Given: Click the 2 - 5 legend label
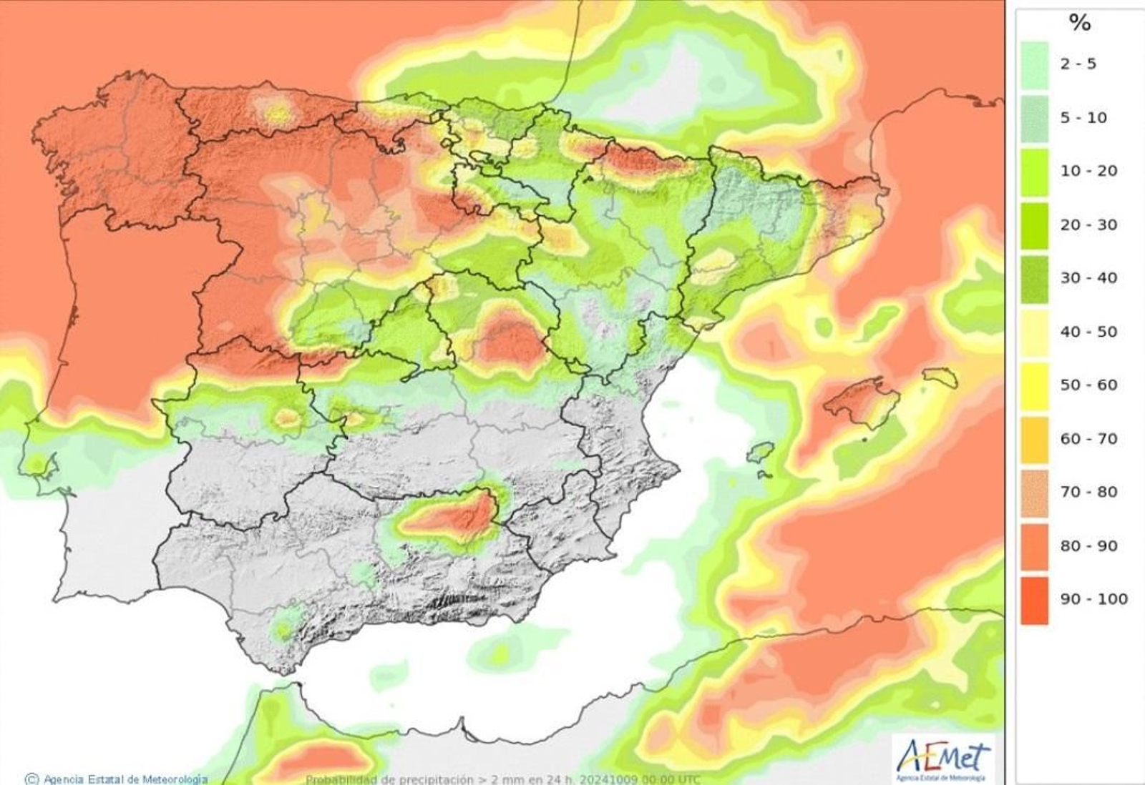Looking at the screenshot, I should click(1078, 64).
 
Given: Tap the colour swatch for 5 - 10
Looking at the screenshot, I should click(1034, 118).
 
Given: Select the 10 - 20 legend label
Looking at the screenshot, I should click(1088, 171).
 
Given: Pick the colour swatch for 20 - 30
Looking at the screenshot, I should click(1034, 225).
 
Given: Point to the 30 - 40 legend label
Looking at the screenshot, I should click(1088, 278).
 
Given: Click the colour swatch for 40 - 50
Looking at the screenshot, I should click(1034, 332).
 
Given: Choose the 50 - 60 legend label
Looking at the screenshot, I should click(1088, 385).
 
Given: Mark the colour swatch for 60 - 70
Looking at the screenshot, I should click(1034, 439).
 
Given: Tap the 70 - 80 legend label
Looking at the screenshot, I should click(1088, 492).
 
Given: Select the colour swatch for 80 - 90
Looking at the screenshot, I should click(1034, 546).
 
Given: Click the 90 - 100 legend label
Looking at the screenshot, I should click(1093, 599).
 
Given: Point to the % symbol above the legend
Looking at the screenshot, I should click(1079, 23).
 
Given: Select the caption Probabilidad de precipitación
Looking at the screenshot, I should click(389, 779).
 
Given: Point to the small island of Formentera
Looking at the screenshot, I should click(764, 474).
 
